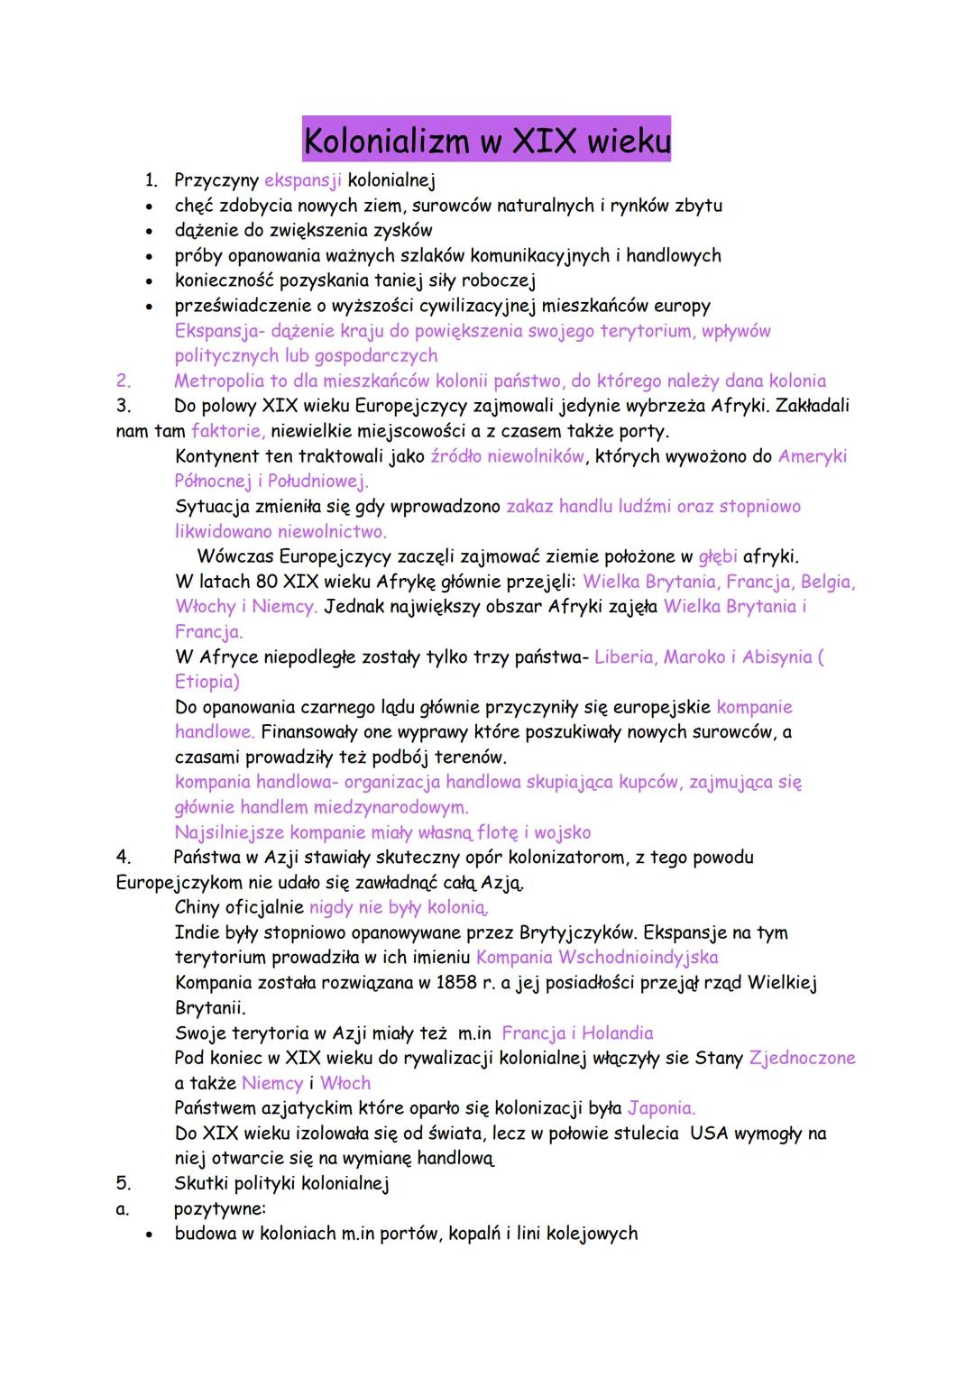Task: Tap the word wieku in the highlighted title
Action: pyautogui.click(x=629, y=141)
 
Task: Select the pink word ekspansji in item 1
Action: pyautogui.click(x=303, y=180)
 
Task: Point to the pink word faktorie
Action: pyautogui.click(x=227, y=431)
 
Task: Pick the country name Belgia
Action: pyautogui.click(x=827, y=582)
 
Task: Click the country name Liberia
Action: pyautogui.click(x=624, y=657)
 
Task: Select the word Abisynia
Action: pyautogui.click(x=779, y=657)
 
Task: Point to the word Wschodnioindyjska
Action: pyautogui.click(x=639, y=957)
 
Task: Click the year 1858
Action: pyautogui.click(x=456, y=982)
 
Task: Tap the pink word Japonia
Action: pyautogui.click(x=661, y=1107)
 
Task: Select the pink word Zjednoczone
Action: pyautogui.click(x=802, y=1058)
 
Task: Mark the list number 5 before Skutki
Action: pyautogui.click(x=124, y=1183)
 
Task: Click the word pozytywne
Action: pyautogui.click(x=220, y=1208)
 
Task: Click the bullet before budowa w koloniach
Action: pyautogui.click(x=150, y=1235)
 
